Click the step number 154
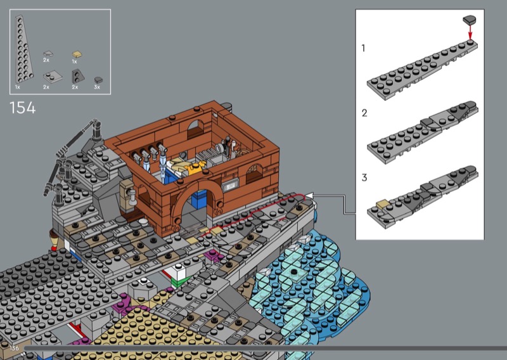click(23, 108)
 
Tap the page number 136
click(14, 348)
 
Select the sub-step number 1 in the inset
click(363, 48)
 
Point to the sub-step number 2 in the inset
click(364, 113)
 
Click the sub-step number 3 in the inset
click(364, 177)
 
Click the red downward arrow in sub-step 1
click(470, 32)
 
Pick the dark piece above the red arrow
click(470, 20)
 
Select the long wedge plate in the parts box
click(24, 49)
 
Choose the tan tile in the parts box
click(77, 55)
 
